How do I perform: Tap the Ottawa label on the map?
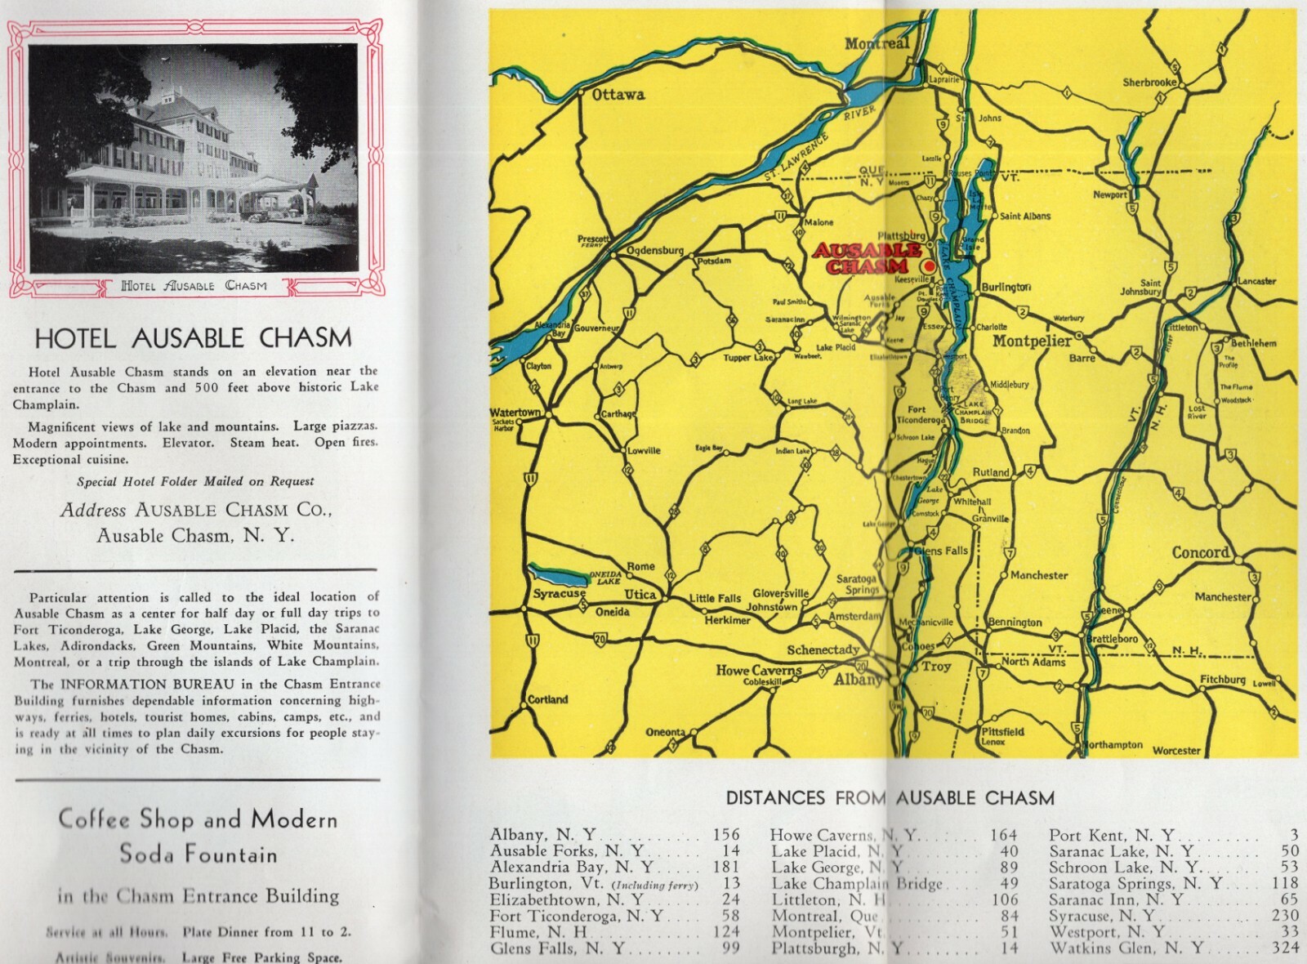tap(618, 94)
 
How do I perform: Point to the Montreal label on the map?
tap(877, 43)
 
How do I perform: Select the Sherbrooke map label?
tap(1149, 83)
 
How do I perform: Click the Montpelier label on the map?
tap(1031, 341)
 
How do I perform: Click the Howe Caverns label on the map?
tap(759, 670)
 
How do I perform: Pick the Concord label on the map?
tap(1200, 552)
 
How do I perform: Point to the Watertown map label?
tap(515, 413)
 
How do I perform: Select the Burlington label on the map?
tap(1006, 287)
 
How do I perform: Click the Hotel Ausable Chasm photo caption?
tap(194, 285)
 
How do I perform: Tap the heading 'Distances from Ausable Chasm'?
tap(890, 797)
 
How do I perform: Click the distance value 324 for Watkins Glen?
tap(1285, 948)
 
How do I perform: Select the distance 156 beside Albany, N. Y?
tap(725, 835)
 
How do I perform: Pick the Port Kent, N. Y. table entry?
tap(1111, 835)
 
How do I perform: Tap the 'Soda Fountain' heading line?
tap(199, 855)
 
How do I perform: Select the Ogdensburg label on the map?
tap(654, 251)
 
